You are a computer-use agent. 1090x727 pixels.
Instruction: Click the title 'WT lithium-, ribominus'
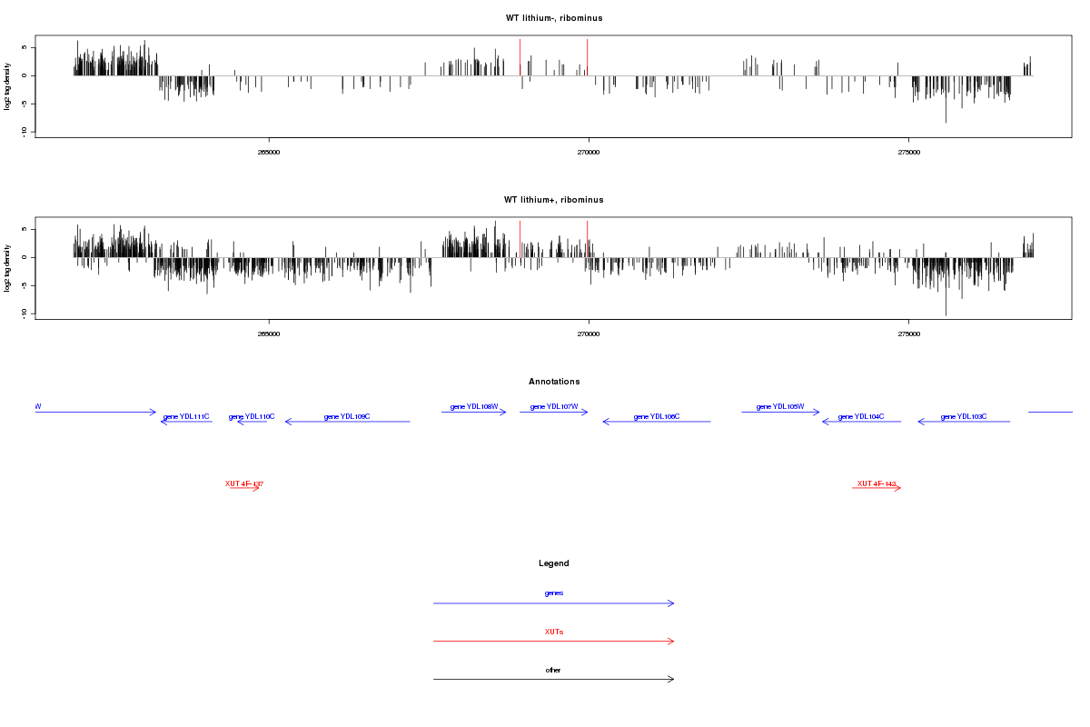point(554,18)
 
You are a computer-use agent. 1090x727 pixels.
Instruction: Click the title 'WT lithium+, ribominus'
point(554,200)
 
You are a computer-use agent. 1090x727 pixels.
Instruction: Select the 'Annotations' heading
point(554,382)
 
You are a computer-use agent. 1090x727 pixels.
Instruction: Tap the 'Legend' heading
point(554,563)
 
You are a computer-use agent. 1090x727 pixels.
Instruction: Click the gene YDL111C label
point(186,417)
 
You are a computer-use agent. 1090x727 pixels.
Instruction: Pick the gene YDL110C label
point(252,417)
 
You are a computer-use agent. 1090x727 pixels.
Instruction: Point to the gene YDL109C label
point(347,417)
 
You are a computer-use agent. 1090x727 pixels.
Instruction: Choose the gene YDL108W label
point(474,407)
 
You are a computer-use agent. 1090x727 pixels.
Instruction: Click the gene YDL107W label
point(554,407)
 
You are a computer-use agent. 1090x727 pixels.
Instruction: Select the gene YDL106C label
point(657,417)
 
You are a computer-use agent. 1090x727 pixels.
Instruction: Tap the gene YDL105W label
point(780,407)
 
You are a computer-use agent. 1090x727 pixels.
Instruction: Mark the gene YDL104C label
point(861,417)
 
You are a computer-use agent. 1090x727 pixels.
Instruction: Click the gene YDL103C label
point(964,417)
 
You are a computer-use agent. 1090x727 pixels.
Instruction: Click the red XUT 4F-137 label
point(244,484)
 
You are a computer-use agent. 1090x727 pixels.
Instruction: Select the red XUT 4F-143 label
point(877,484)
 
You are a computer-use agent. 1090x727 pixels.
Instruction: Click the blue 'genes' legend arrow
point(554,603)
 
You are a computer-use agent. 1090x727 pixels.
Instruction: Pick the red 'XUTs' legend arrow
point(554,642)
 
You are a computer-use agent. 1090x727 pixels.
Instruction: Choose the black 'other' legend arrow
point(554,680)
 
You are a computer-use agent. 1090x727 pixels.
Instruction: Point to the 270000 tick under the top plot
point(589,152)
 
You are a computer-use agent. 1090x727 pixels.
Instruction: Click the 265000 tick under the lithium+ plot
point(269,334)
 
